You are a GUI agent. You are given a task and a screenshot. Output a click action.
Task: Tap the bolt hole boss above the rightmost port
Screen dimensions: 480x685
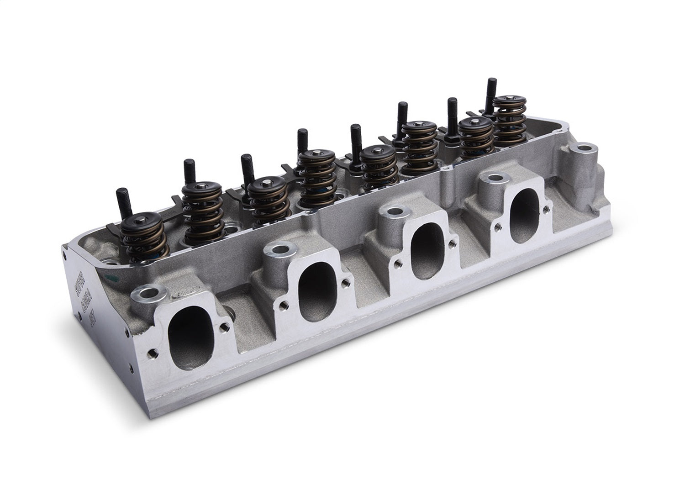coord(493,179)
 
